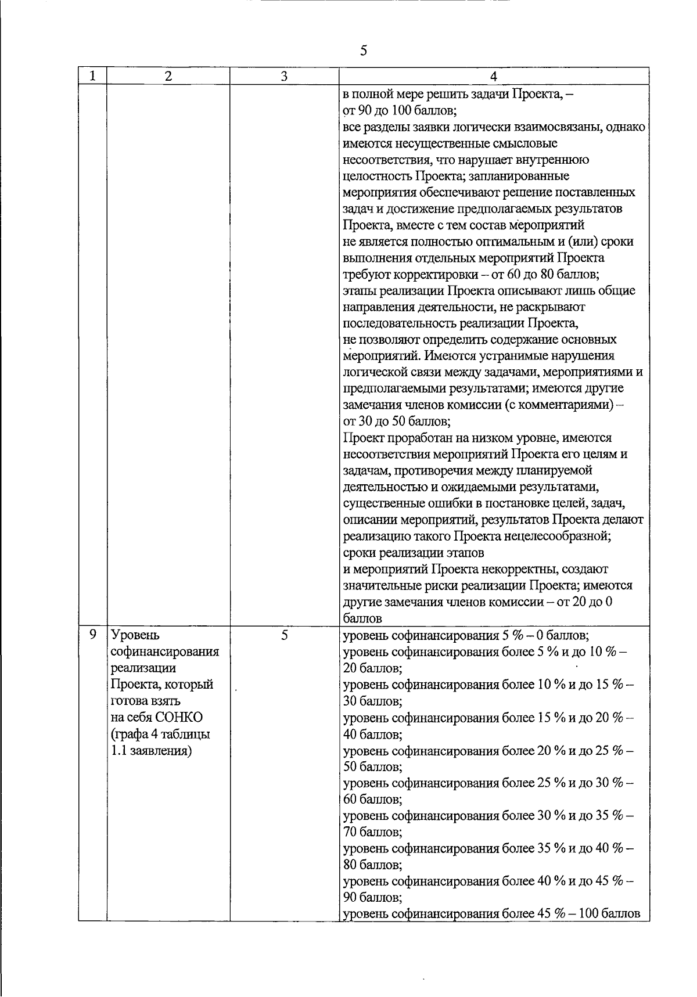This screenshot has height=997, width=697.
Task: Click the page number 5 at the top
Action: (364, 51)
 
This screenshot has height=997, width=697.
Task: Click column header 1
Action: (92, 76)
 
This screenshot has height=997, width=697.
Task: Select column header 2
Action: (168, 76)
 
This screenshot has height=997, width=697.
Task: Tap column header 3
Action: (284, 76)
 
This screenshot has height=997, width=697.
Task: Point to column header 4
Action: (493, 76)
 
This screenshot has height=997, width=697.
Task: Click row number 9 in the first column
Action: (92, 635)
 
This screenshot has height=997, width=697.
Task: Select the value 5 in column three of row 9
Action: (284, 635)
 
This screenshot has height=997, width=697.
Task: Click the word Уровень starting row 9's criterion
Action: (135, 635)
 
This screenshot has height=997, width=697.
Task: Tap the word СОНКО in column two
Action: (179, 717)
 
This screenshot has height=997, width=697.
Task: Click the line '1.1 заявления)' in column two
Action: (152, 750)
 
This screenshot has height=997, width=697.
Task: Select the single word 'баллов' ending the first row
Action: (362, 618)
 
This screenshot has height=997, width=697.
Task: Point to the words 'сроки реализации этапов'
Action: (414, 552)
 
